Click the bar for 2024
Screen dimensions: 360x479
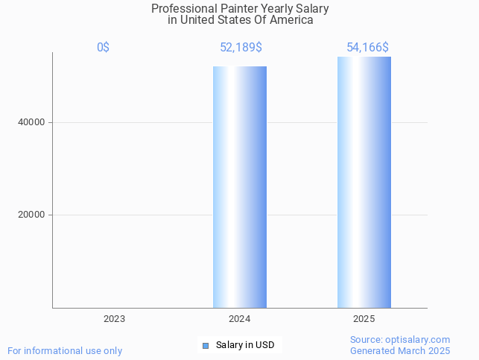239,186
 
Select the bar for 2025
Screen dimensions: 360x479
364,182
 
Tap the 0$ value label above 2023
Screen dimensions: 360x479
103,48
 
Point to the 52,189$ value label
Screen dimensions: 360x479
241,48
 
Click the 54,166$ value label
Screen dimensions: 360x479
367,48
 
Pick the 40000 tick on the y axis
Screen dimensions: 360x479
32,122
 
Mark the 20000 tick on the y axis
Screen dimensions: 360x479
32,215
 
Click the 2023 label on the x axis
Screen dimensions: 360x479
114,319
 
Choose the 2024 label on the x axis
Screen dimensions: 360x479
239,319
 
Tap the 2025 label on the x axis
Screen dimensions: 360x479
364,319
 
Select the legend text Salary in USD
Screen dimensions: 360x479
245,345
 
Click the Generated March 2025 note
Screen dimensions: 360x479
400,350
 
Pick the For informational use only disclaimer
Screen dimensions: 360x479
65,350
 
